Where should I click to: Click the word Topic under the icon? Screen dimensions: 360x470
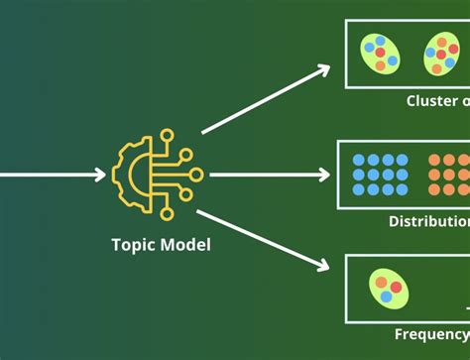click(132, 244)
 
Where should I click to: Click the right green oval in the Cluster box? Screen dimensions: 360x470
click(441, 55)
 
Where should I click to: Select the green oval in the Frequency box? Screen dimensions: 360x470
click(388, 288)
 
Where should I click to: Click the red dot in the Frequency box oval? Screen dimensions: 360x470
click(395, 288)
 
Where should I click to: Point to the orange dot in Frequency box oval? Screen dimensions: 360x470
click(387, 297)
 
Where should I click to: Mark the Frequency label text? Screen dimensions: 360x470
click(432, 334)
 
